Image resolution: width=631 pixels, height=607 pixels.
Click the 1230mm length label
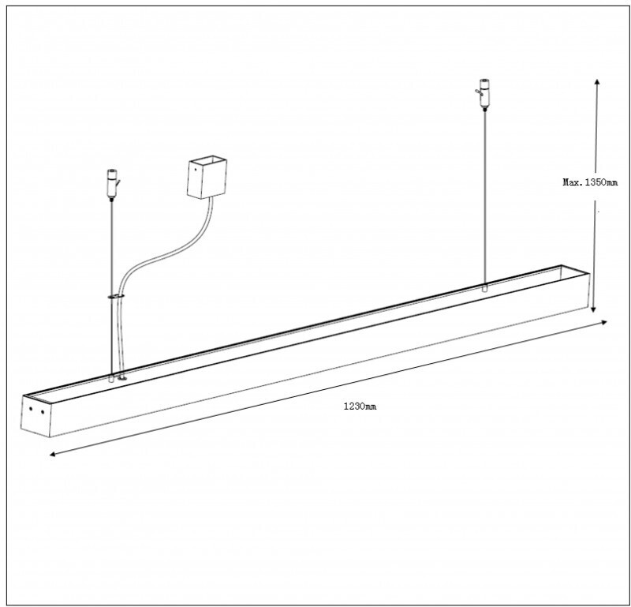(x=360, y=406)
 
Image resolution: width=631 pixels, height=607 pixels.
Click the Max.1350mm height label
(x=590, y=182)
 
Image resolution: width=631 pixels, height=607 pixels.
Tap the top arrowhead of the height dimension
(x=597, y=81)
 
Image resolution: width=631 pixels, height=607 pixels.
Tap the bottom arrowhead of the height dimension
(x=593, y=309)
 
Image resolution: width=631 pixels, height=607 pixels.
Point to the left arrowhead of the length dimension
(x=52, y=455)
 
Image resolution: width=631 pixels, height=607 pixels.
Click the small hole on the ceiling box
(x=196, y=170)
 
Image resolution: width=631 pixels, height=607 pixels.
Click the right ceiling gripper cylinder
(x=485, y=93)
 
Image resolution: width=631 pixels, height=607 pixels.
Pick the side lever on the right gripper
(x=478, y=92)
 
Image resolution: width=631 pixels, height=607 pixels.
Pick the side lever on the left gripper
(x=118, y=183)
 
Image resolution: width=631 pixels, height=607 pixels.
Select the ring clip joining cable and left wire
(x=116, y=297)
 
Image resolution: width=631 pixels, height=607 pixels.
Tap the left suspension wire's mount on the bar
(x=111, y=379)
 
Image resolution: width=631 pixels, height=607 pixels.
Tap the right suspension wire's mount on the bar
(x=485, y=288)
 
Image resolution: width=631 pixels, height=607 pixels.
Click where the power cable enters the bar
(x=122, y=378)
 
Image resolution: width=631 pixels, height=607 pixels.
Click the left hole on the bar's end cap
(x=31, y=409)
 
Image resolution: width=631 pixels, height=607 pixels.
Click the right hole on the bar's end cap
(x=43, y=412)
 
